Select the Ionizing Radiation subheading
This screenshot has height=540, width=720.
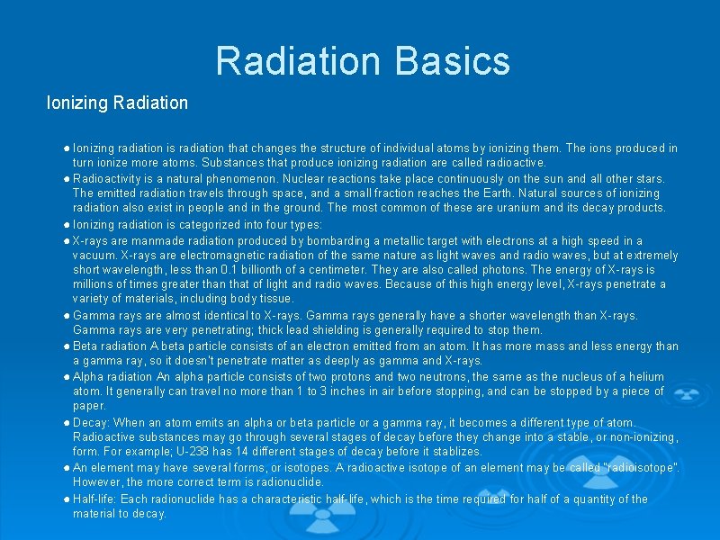coord(117,103)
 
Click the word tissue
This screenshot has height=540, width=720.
coord(275,299)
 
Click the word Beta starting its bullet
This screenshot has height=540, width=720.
coord(86,346)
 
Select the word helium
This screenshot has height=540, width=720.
coord(646,377)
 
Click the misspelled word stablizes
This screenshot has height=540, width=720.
coord(455,451)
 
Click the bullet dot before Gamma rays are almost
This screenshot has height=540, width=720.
coord(67,315)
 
